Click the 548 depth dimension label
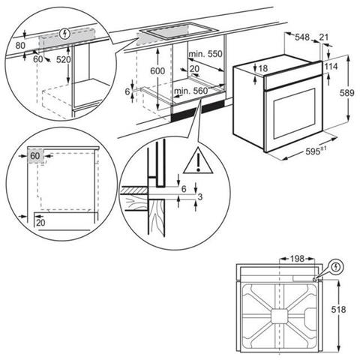pyautogui.click(x=302, y=37)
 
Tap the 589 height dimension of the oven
pyautogui.click(x=346, y=93)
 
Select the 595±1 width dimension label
pyautogui.click(x=316, y=151)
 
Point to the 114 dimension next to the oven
pyautogui.click(x=331, y=67)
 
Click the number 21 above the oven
pyautogui.click(x=324, y=37)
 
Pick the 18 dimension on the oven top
pyautogui.click(x=263, y=68)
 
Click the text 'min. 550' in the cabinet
pyautogui.click(x=205, y=54)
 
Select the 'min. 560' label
pyautogui.click(x=191, y=91)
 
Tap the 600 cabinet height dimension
pyautogui.click(x=157, y=71)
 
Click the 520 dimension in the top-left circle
pyautogui.click(x=64, y=59)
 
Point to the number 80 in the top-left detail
pyautogui.click(x=20, y=46)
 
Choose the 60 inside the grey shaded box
pyautogui.click(x=35, y=156)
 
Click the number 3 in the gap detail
pyautogui.click(x=200, y=197)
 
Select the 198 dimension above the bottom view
pyautogui.click(x=297, y=259)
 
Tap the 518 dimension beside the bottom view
pyautogui.click(x=339, y=310)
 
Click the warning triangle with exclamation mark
pyautogui.click(x=198, y=161)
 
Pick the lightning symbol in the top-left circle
pyautogui.click(x=65, y=34)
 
